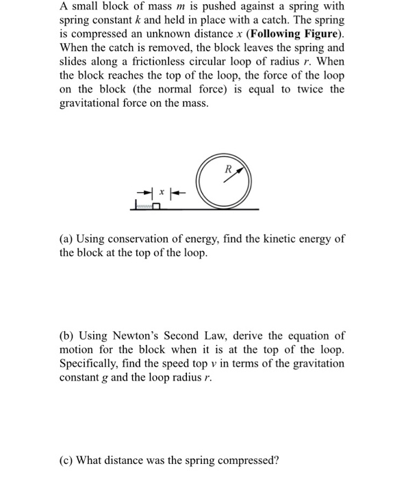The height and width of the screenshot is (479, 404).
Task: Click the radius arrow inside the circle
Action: tap(233, 176)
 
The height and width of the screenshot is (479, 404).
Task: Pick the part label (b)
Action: tap(67, 335)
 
